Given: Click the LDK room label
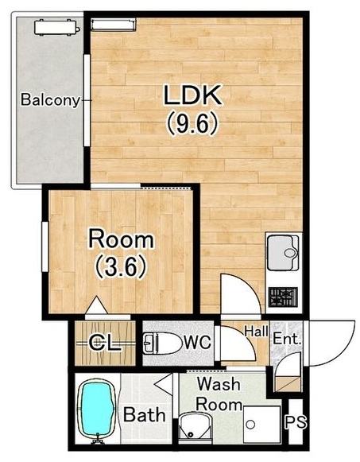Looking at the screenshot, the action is point(192,95).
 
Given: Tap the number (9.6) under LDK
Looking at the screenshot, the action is point(192,123).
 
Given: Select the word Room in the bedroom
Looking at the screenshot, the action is point(121,239).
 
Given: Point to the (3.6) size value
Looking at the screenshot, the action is point(121,267).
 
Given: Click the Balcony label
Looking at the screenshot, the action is point(50,100).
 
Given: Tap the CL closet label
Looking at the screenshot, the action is point(105,343).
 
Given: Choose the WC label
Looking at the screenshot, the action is point(198,342).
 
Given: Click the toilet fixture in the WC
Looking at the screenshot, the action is point(162,343).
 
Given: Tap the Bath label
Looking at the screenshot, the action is point(144,414).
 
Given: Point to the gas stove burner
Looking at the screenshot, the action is point(283,297).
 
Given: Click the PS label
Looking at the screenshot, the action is point(296,421).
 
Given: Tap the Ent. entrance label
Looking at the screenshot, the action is point(287,339).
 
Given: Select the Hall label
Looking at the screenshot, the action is point(256,331).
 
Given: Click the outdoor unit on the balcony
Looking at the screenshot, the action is point(56,27).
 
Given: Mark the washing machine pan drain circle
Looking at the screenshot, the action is point(251,425).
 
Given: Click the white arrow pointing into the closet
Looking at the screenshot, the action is point(96,305).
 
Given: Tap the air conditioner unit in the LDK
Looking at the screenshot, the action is point(113,24).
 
